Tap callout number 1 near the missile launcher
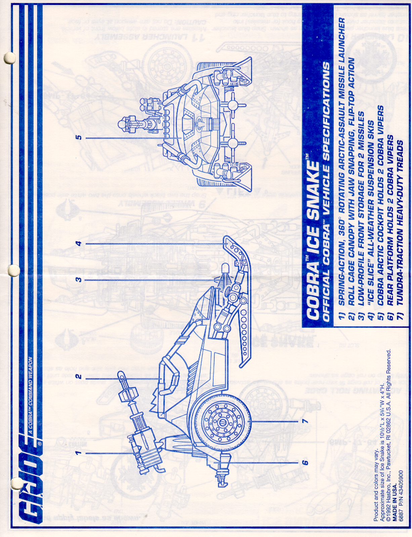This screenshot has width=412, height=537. click(78, 453)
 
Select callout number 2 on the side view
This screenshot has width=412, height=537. click(78, 377)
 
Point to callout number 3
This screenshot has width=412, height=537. click(78, 280)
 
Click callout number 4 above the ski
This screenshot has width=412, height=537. click(78, 243)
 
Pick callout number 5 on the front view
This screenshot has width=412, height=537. click(78, 137)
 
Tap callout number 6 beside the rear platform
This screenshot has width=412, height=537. click(305, 462)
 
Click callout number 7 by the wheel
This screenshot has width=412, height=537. click(305, 421)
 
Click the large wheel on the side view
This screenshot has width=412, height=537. click(223, 421)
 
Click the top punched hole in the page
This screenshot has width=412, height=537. click(9, 58)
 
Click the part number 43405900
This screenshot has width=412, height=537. click(401, 483)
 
